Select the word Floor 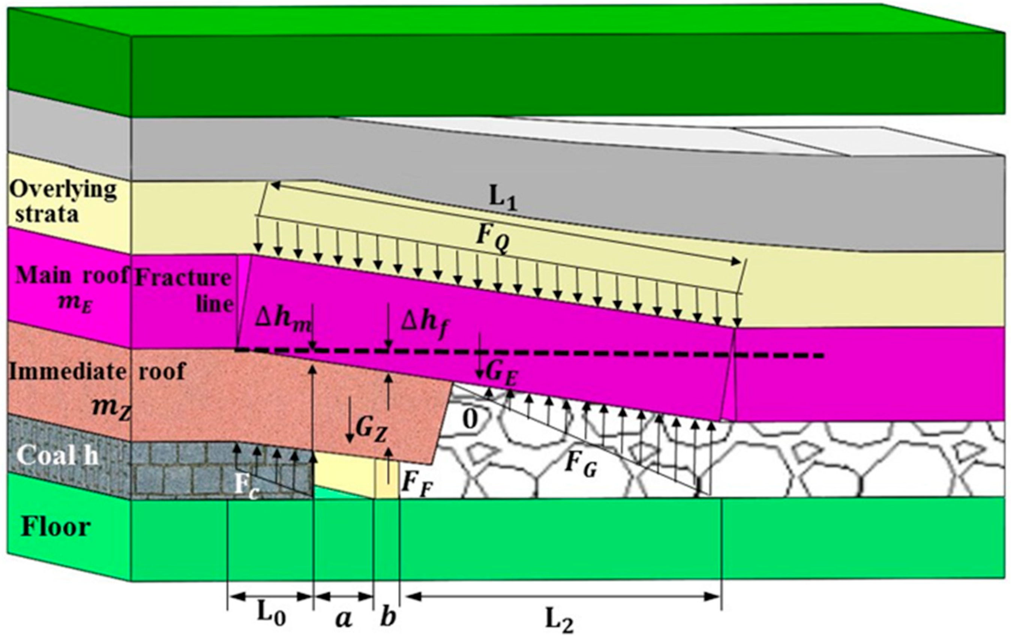[x=56, y=527]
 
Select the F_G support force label [x=581, y=465]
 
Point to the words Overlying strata [x=63, y=201]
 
